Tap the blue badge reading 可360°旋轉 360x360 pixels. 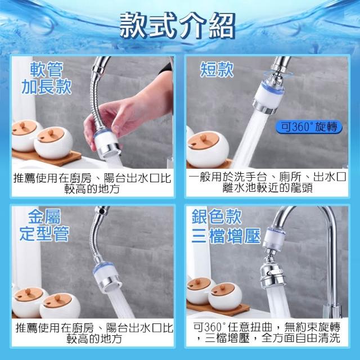coord(309,127)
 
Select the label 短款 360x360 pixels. coord(217,69)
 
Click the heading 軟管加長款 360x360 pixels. coord(47,78)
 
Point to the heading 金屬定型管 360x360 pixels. coord(44,225)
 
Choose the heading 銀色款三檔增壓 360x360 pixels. coord(226,226)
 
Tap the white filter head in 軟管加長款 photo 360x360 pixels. coord(107,143)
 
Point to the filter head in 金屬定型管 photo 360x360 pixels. coord(107,277)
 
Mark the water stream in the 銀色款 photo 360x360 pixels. coord(277,303)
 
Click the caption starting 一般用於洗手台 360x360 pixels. coord(267,183)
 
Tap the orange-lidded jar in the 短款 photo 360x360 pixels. coord(207,148)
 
